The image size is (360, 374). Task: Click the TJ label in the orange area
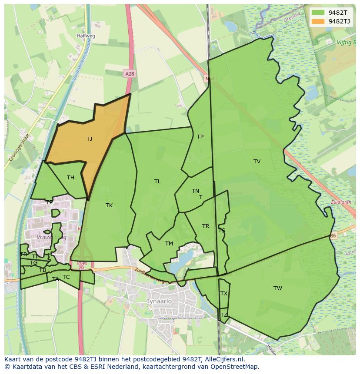[x=89, y=139]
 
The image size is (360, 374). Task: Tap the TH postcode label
[x=70, y=177]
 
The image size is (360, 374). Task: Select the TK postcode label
[x=109, y=205]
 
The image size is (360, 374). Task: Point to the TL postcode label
[x=157, y=182]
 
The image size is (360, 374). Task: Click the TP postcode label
[x=200, y=137]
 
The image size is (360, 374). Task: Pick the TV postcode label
[x=257, y=162]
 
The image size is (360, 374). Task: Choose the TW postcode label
[x=278, y=288]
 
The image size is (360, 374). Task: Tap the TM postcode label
[x=169, y=244]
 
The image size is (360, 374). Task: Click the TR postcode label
[x=206, y=226]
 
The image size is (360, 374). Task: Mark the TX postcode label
[x=224, y=294]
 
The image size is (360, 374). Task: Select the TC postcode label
[x=66, y=277]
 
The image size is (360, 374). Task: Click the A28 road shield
[x=129, y=74]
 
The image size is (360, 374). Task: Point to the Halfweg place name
[x=85, y=36]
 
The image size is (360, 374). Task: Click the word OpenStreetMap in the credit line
[x=234, y=367]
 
